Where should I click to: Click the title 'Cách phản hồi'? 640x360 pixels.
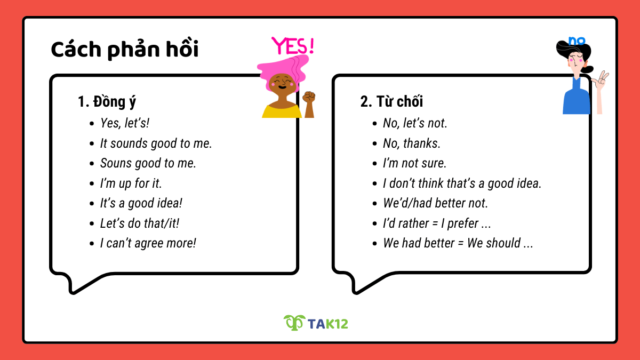click(125, 50)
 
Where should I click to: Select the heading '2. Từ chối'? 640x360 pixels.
click(391, 102)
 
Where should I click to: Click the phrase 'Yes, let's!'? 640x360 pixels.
click(125, 123)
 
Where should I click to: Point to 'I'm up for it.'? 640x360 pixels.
click(131, 183)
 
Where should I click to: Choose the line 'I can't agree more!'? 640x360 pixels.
click(148, 244)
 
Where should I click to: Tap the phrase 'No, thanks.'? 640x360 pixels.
click(412, 143)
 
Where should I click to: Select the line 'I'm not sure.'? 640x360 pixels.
click(414, 163)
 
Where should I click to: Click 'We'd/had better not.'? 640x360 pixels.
click(435, 203)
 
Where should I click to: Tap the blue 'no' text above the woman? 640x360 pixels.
click(576, 41)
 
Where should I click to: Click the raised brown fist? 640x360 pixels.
click(309, 98)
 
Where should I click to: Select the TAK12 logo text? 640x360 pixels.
click(328, 323)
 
